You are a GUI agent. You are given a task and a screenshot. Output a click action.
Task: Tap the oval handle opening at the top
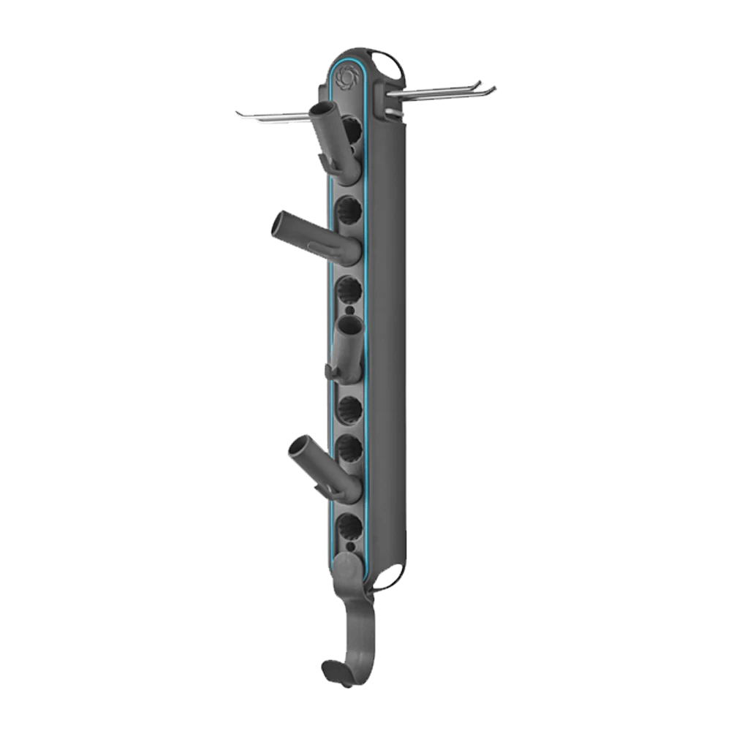point(388,64)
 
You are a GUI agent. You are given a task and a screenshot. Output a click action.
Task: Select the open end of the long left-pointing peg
point(281,223)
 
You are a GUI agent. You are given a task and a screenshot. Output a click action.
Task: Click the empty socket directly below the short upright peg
point(349,406)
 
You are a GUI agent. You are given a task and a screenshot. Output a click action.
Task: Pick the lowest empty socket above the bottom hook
point(349,525)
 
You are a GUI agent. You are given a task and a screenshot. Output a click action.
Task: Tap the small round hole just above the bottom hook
point(349,545)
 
